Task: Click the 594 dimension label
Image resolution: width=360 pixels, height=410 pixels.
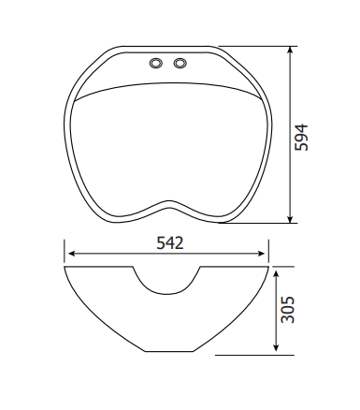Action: (301, 138)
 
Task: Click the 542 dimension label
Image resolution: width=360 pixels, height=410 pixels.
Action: (170, 243)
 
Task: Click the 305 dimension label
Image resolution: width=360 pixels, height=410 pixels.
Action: (287, 310)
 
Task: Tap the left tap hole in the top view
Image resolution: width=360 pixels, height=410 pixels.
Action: (156, 63)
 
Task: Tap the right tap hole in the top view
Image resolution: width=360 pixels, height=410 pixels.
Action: (180, 63)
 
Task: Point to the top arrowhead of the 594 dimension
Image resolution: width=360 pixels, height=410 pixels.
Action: (290, 50)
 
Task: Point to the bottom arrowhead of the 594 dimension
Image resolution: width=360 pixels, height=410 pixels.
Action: (290, 219)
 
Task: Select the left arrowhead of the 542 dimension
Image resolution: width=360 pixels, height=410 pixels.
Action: (72, 254)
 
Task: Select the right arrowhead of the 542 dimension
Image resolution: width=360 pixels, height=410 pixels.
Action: (261, 254)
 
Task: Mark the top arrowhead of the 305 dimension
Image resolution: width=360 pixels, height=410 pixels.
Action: (276, 274)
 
